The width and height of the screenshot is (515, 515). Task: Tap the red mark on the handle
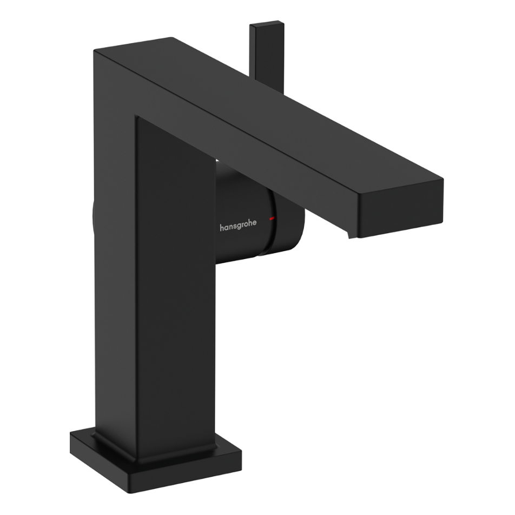272,218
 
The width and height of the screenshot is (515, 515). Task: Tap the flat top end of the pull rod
266,25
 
